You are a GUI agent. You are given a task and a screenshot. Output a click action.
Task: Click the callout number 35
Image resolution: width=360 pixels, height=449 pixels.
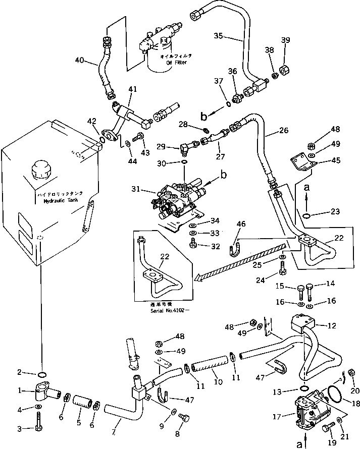tap(219, 36)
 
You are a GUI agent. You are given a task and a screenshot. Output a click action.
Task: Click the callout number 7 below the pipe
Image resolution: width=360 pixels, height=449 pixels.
tap(114, 432)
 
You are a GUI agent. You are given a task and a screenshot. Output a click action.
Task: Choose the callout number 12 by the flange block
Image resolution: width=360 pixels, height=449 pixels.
tap(331, 326)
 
